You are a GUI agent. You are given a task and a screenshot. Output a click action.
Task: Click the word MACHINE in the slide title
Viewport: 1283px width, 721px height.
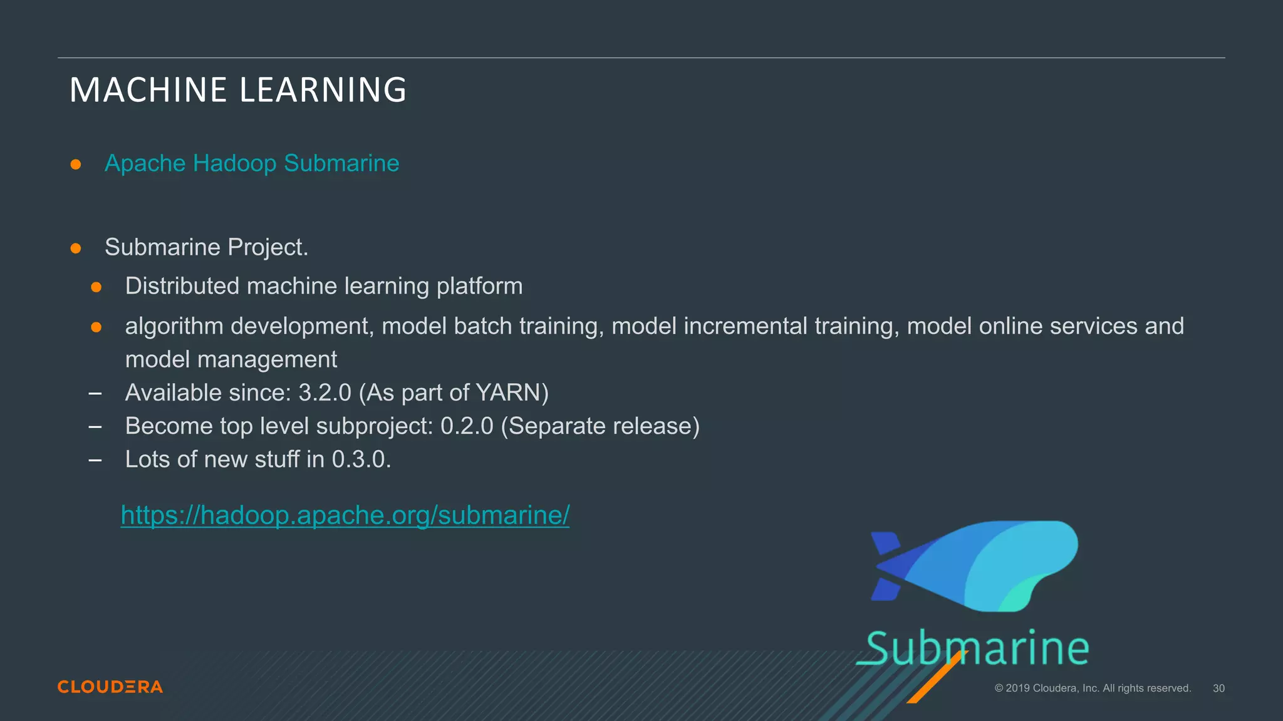click(x=148, y=90)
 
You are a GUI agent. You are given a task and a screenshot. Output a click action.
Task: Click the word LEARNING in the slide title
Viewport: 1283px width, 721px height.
click(x=323, y=90)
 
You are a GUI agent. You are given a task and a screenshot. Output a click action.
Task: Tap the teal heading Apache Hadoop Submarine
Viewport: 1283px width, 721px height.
click(x=252, y=163)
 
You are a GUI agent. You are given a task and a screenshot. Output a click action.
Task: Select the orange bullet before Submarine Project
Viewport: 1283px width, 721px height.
click(x=76, y=248)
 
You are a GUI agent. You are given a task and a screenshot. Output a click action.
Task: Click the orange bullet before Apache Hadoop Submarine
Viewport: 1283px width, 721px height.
click(x=76, y=165)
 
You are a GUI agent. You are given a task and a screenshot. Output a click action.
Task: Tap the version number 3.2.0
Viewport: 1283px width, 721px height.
click(x=325, y=393)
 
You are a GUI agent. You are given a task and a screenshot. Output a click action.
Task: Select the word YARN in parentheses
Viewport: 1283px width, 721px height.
click(x=508, y=393)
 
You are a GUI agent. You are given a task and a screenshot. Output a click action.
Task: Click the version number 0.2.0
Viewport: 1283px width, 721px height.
click(x=467, y=426)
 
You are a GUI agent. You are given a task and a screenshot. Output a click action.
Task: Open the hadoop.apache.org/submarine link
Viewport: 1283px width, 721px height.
click(x=345, y=515)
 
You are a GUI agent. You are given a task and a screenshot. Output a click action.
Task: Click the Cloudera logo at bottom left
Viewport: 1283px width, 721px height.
click(x=110, y=687)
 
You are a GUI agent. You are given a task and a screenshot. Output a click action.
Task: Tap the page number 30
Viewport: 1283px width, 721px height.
click(x=1218, y=688)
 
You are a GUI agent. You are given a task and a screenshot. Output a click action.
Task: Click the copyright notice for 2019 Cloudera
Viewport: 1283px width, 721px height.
click(x=1093, y=688)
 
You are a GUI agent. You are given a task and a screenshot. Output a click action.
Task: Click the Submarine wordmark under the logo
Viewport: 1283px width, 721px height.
click(x=977, y=648)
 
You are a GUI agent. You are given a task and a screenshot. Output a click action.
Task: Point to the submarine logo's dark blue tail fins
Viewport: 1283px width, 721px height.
click(x=885, y=566)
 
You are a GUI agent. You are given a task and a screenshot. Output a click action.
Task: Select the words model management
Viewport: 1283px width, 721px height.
click(x=231, y=360)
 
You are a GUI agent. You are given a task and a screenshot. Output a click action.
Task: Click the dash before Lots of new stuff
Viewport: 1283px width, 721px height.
click(x=95, y=460)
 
